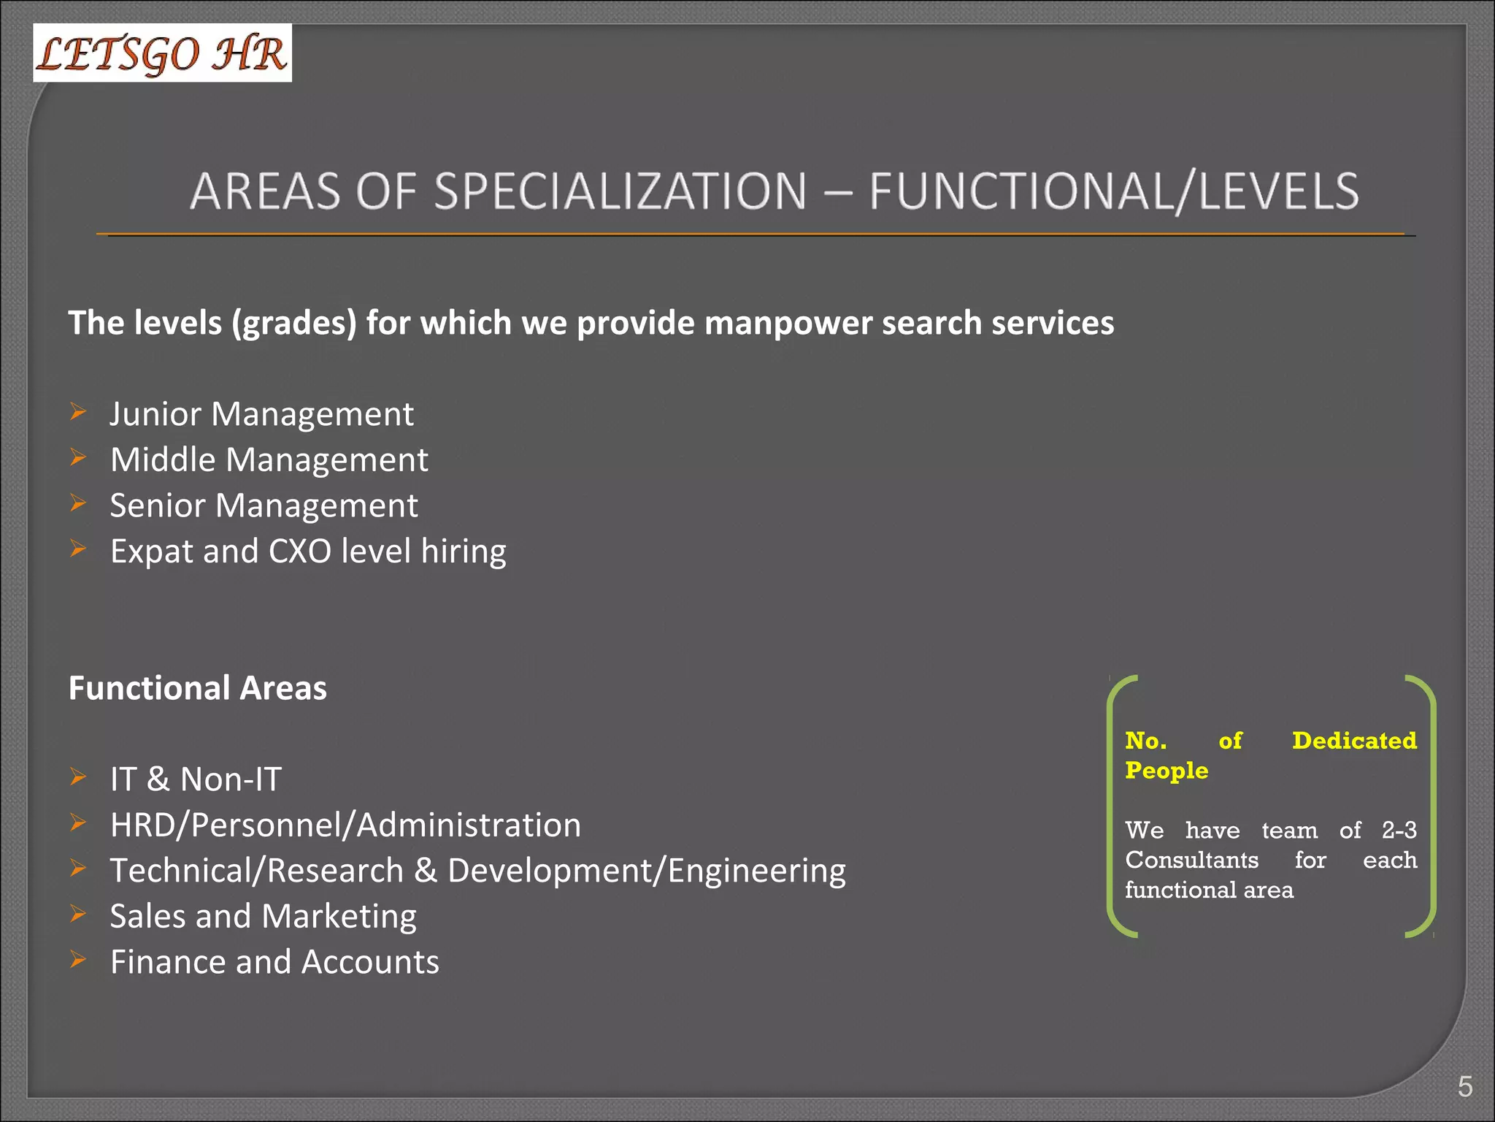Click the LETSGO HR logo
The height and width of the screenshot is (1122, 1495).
pyautogui.click(x=162, y=53)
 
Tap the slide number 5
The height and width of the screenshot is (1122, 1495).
pyautogui.click(x=1464, y=1086)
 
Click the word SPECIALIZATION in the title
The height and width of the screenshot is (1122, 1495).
pyautogui.click(x=620, y=191)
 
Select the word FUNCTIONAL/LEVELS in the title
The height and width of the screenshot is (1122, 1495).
pyautogui.click(x=1114, y=191)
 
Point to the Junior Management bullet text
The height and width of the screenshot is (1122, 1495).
pyautogui.click(x=261, y=414)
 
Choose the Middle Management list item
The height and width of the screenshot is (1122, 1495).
pyautogui.click(x=269, y=460)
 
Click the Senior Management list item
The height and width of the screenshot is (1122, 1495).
pyautogui.click(x=264, y=505)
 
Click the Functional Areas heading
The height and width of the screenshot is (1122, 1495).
pyautogui.click(x=197, y=688)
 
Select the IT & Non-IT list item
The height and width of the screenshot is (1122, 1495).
pyautogui.click(x=196, y=779)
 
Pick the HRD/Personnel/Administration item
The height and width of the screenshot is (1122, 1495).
pyautogui.click(x=345, y=825)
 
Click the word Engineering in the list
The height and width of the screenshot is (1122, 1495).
pyautogui.click(x=756, y=871)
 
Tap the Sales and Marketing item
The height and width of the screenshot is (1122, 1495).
pyautogui.click(x=263, y=917)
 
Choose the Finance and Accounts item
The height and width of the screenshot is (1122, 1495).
pyautogui.click(x=274, y=962)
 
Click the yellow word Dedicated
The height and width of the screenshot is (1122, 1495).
pyautogui.click(x=1354, y=741)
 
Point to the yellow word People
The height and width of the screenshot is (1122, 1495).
pyautogui.click(x=1167, y=771)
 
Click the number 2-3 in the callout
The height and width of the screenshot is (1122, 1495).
pyautogui.click(x=1399, y=831)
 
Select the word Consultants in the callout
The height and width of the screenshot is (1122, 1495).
pyautogui.click(x=1191, y=860)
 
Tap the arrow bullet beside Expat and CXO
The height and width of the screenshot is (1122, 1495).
pyautogui.click(x=78, y=549)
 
